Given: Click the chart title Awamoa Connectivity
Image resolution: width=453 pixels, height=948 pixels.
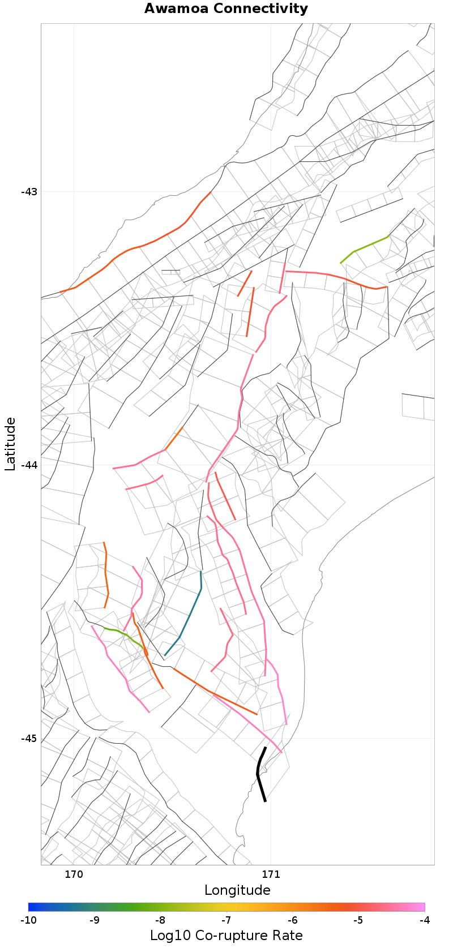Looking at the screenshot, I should (226, 8).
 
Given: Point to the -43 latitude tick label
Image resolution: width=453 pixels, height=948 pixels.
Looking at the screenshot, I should (29, 191).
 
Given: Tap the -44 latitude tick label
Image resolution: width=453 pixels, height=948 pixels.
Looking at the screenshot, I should (29, 465).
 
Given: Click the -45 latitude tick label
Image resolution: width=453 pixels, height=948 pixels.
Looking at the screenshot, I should (29, 738).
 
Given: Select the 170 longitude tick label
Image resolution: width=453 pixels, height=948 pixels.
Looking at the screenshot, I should (74, 874).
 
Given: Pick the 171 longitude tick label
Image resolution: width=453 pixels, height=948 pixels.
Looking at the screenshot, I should (271, 874).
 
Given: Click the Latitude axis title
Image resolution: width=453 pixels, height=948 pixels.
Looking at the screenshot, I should (10, 444).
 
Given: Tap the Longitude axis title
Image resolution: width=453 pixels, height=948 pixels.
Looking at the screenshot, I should (237, 890).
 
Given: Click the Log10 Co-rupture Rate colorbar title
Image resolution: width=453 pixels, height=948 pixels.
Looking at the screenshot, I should (226, 936).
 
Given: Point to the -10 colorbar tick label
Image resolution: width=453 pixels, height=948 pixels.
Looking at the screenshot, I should (28, 920).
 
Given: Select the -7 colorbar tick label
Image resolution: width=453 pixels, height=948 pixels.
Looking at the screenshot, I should (226, 920).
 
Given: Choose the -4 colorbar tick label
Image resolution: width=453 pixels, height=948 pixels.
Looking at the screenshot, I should (424, 920).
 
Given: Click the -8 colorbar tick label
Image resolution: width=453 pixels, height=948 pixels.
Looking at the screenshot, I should (160, 920).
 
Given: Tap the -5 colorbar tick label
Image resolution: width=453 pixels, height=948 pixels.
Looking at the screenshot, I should (358, 920).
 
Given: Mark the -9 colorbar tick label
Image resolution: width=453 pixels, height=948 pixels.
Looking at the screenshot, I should (94, 920).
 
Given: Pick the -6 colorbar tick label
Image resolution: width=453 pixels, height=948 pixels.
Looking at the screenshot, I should (292, 920).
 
